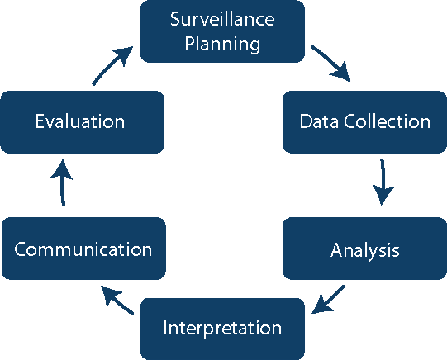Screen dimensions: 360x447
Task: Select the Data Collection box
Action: [x=364, y=121]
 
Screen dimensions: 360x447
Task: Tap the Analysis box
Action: [x=364, y=249]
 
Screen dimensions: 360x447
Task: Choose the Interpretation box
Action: [x=222, y=328]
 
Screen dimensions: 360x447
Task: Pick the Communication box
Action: [x=83, y=249]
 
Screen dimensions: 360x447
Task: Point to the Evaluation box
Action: [x=81, y=121]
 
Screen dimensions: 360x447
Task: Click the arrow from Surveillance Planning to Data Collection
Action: [x=331, y=64]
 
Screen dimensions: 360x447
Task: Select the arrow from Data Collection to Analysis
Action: [x=382, y=182]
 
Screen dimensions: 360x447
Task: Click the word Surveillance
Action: [x=221, y=19]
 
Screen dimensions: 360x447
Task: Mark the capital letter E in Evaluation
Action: [x=40, y=122]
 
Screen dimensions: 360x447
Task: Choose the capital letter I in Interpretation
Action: [x=165, y=328]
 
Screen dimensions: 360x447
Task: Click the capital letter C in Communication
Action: [x=21, y=249]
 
